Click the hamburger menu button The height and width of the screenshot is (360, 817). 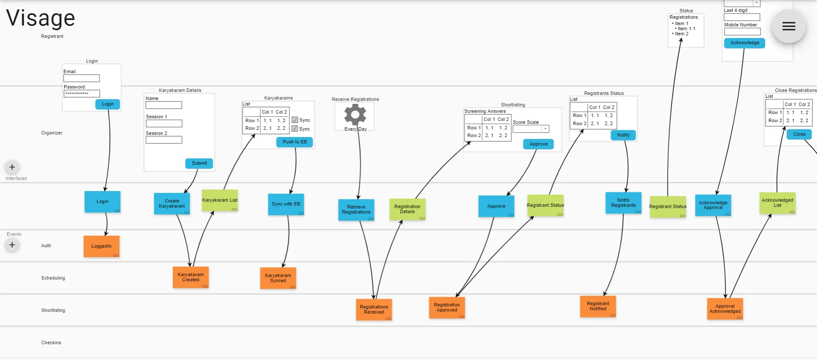tap(788, 26)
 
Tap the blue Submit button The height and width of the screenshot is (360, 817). tap(199, 163)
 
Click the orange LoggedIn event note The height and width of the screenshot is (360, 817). tap(101, 246)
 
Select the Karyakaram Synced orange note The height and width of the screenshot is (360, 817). tap(278, 278)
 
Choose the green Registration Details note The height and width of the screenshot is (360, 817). tap(407, 209)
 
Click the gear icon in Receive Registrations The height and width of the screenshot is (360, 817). tap(355, 115)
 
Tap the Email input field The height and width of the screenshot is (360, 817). tap(81, 78)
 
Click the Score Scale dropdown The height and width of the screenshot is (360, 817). tap(531, 129)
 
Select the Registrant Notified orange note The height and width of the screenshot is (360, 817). tap(598, 306)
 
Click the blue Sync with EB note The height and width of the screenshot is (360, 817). tap(286, 204)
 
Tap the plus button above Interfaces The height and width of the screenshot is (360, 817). tap(12, 167)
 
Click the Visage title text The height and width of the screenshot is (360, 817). tap(41, 18)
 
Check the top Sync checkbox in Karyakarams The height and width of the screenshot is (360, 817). tap(294, 120)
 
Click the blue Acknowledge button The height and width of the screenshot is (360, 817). tap(745, 43)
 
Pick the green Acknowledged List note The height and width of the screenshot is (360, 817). tap(777, 203)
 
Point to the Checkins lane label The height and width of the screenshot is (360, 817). tap(51, 343)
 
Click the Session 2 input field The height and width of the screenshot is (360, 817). tap(164, 140)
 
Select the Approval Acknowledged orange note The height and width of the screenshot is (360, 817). tap(725, 309)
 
